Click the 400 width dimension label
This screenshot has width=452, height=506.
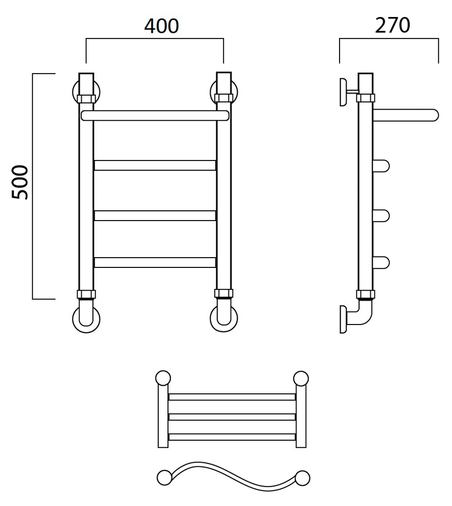[x=161, y=26]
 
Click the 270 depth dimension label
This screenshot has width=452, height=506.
[x=392, y=25]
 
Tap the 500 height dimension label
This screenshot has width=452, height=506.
[x=20, y=182]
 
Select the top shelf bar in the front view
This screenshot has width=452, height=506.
[x=155, y=116]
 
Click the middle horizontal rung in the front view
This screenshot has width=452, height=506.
[x=155, y=215]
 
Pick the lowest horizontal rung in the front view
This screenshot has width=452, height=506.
[x=155, y=262]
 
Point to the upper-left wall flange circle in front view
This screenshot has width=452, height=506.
[x=74, y=92]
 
